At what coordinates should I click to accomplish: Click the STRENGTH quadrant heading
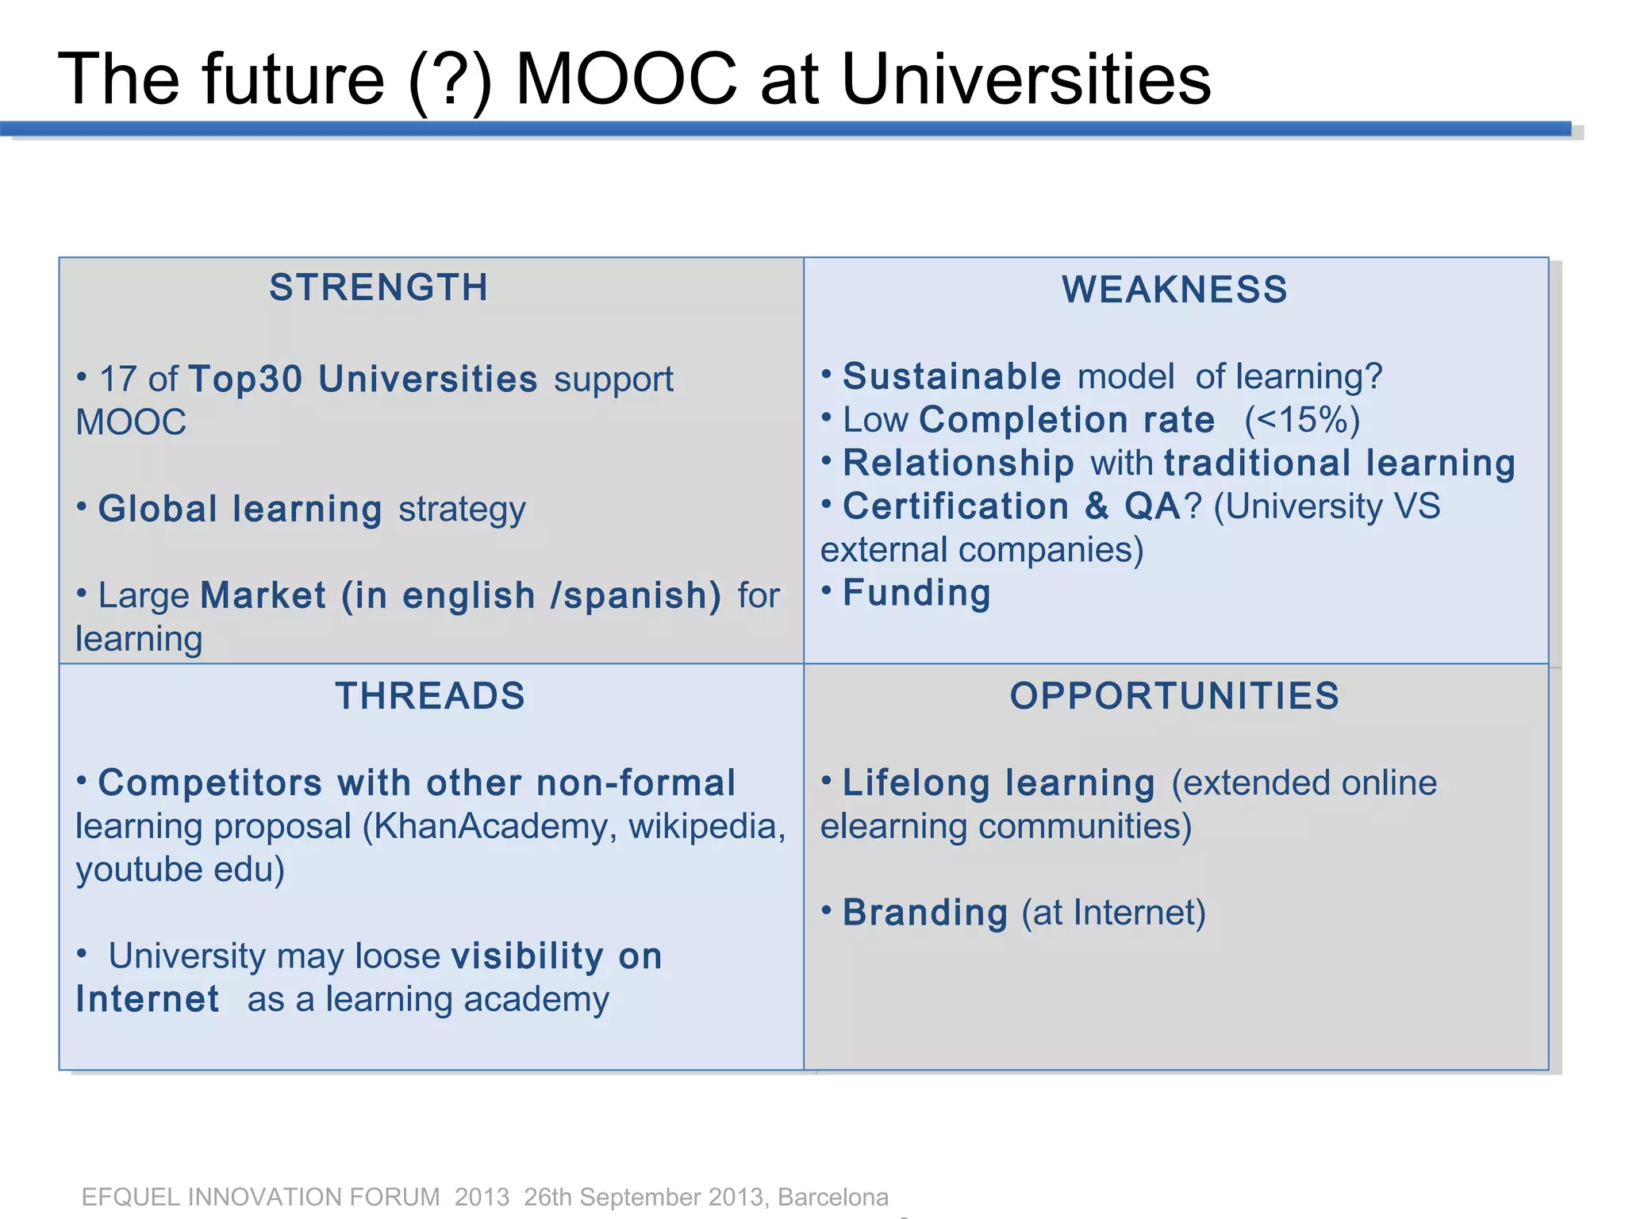378,287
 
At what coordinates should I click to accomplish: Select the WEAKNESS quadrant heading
1174,289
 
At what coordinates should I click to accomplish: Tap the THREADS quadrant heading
430,696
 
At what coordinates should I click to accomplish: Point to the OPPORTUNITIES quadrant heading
1174,696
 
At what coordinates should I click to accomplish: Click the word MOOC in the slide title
627,79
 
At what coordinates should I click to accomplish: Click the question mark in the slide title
451,79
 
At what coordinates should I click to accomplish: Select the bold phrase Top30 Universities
363,379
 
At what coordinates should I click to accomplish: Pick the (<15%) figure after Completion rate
1301,420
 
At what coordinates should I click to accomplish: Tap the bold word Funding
916,593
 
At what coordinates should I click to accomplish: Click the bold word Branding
925,913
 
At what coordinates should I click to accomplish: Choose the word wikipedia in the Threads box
706,826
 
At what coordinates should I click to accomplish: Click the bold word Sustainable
951,376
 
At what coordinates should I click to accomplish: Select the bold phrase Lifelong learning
999,783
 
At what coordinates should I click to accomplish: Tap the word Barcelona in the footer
833,1197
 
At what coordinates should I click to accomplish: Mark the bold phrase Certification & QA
1012,506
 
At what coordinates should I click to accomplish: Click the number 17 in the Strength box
117,379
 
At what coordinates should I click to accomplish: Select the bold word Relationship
958,463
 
